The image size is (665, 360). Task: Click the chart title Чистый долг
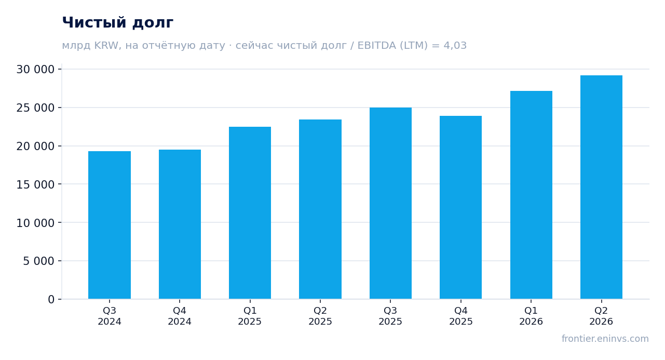click(x=117, y=23)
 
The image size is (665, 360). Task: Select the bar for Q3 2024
click(x=110, y=225)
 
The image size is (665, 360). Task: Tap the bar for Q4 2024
click(x=180, y=224)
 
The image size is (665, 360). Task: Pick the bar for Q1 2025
click(x=250, y=212)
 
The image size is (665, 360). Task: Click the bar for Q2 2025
click(x=320, y=209)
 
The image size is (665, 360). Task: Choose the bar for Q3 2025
click(x=391, y=203)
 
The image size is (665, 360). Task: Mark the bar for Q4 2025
click(x=461, y=207)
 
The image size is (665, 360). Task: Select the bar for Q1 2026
click(x=532, y=195)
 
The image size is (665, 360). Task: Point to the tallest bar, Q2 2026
click(x=602, y=187)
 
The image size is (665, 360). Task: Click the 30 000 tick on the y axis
click(x=35, y=70)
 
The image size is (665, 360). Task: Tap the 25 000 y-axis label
click(x=35, y=108)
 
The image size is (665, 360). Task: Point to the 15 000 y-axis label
click(x=35, y=184)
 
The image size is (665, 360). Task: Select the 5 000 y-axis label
click(x=39, y=261)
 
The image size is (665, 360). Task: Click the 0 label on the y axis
click(x=51, y=299)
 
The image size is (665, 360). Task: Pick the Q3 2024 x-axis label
click(x=110, y=316)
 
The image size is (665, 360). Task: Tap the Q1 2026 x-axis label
click(x=531, y=316)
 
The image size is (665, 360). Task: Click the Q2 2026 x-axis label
click(x=601, y=316)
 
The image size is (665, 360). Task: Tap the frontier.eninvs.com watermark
click(x=605, y=339)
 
